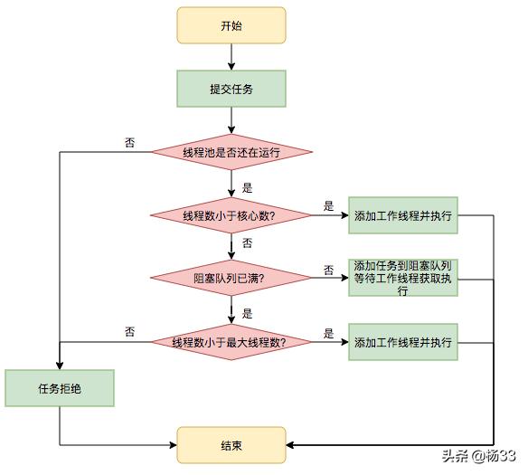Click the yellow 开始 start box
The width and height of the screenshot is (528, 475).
[231, 25]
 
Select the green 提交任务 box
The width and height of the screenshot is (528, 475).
[231, 89]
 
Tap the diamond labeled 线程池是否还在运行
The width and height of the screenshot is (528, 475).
[231, 152]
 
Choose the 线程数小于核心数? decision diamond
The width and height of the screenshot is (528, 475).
[231, 215]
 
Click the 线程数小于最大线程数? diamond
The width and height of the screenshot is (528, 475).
[231, 342]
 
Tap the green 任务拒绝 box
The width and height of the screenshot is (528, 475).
[60, 389]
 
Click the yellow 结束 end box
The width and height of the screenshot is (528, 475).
[231, 445]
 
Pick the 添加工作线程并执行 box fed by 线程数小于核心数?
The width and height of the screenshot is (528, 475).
[403, 215]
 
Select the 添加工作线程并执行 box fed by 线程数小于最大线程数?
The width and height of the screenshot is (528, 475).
[403, 342]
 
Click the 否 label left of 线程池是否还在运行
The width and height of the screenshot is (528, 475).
[130, 142]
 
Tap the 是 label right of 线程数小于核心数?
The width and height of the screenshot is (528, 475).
[328, 206]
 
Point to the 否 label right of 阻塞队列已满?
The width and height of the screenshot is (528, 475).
[328, 270]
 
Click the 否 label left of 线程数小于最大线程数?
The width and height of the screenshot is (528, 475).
[130, 332]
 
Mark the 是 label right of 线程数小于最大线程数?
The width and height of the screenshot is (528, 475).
[328, 333]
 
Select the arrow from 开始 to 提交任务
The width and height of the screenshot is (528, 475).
[231, 57]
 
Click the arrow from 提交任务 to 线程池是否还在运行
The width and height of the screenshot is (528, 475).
[231, 119]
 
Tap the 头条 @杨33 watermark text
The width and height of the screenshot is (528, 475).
[479, 455]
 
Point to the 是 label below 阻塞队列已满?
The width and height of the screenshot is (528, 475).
[247, 314]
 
